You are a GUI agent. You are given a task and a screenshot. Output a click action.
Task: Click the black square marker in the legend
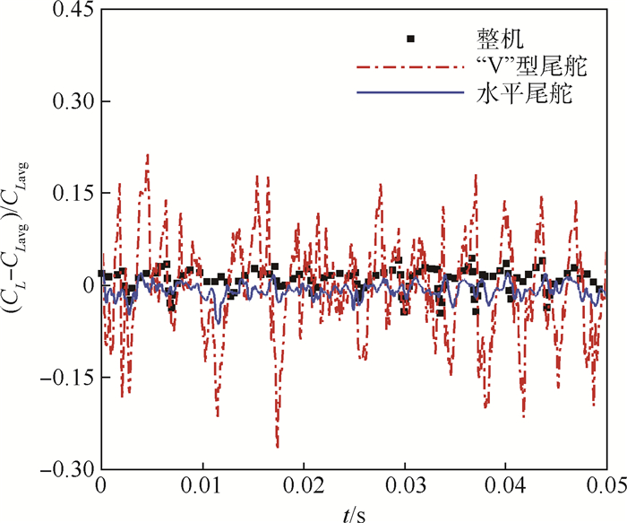411,38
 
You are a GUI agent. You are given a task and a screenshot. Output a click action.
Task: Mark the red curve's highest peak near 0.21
147,154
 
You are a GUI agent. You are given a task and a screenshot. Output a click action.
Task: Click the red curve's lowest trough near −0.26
278,446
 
